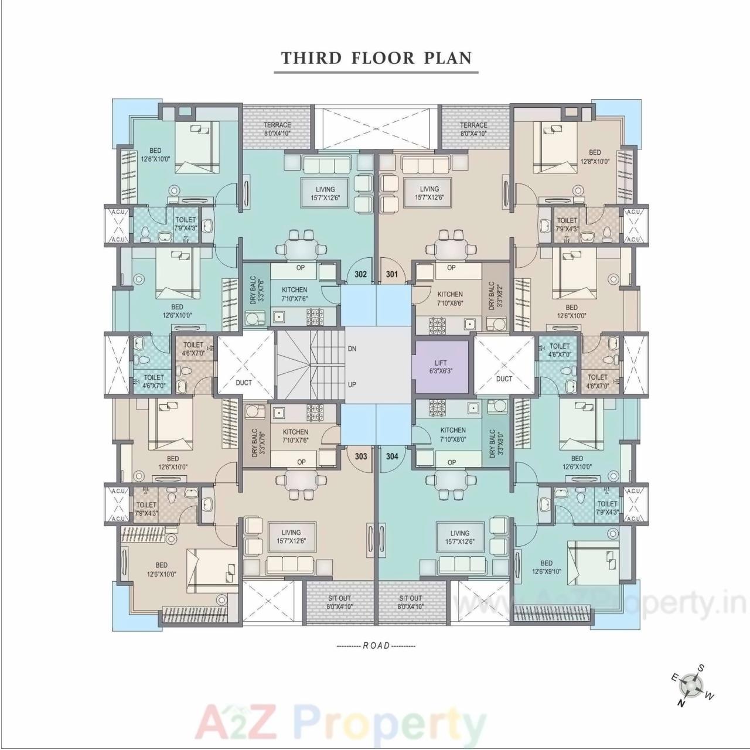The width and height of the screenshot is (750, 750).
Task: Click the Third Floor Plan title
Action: point(376,58)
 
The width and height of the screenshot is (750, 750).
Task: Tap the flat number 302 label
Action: point(361,274)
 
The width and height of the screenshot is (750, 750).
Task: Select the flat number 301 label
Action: point(391,274)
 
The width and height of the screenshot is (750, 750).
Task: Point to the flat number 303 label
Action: point(361,456)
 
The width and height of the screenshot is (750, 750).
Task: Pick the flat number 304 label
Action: point(392,456)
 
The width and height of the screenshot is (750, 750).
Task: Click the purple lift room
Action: point(441,367)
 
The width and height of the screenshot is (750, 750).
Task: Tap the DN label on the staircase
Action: point(352,349)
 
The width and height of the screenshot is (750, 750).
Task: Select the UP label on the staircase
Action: point(352,385)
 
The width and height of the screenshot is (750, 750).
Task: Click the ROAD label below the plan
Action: point(376,646)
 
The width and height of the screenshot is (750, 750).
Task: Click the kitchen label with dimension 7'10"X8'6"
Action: point(450,299)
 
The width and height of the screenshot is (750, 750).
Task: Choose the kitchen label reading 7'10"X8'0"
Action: point(453,434)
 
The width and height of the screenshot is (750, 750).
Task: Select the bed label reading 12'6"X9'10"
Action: point(547,567)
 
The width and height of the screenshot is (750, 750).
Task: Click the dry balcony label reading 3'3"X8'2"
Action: point(495,295)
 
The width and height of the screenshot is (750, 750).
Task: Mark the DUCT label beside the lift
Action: point(504,379)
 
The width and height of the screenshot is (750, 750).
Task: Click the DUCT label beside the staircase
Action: point(244,383)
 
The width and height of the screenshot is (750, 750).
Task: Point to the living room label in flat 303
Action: point(291,537)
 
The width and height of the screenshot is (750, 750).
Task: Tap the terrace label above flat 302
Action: point(277,128)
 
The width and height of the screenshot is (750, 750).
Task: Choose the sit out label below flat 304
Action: point(410,602)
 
